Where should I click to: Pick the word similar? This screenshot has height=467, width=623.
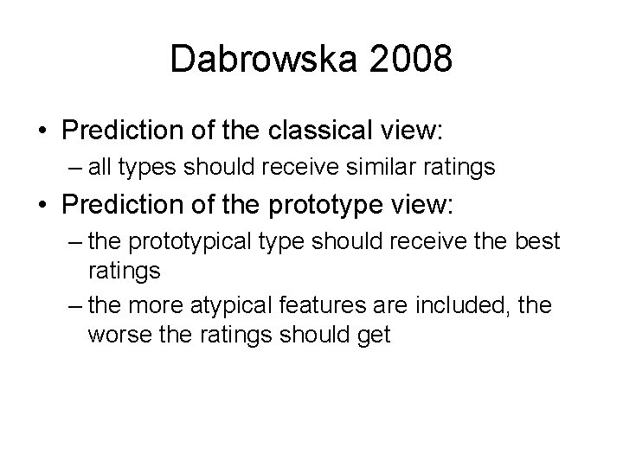point(378,166)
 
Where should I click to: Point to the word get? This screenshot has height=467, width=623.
point(373,335)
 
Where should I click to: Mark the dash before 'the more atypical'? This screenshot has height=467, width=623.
point(72,305)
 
